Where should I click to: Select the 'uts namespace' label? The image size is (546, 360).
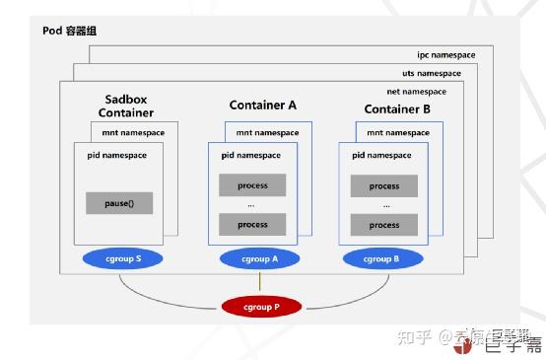click(x=431, y=73)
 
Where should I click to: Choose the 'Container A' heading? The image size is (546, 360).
click(x=262, y=105)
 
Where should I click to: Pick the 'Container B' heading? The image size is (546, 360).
click(x=397, y=108)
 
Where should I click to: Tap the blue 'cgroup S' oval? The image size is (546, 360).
click(x=124, y=259)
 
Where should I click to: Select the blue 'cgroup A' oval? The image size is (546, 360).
click(x=261, y=259)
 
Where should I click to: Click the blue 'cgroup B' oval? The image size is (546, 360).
click(x=383, y=259)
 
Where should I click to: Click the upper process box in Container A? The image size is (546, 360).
click(x=252, y=185)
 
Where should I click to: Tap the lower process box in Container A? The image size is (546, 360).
click(x=252, y=225)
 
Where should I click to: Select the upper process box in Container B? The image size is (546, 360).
click(x=383, y=185)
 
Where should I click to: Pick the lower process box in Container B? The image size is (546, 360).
click(x=383, y=225)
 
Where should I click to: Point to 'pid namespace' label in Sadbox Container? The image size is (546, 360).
click(x=113, y=155)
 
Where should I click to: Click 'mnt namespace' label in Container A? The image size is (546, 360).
click(x=267, y=132)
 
